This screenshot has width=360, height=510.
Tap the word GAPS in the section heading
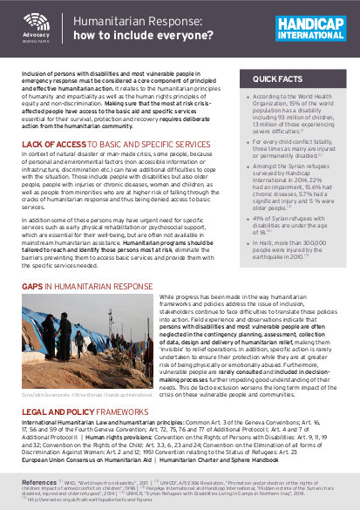(x=32, y=285)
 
